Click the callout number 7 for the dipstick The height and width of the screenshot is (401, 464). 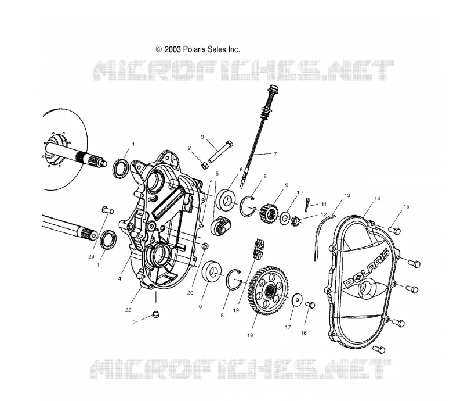coord(275,153)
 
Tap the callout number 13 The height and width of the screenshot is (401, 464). coord(347,195)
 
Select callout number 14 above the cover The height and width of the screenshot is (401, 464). coord(377,199)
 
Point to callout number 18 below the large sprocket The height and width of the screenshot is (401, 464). coord(250,335)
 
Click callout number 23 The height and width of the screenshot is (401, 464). coord(91,256)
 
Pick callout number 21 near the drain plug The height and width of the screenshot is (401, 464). coord(135,323)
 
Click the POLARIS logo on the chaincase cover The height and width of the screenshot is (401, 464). coord(367,268)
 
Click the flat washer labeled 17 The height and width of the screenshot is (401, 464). coord(297,299)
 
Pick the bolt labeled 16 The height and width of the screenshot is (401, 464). coord(310,305)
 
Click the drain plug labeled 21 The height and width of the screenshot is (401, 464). coord(155,314)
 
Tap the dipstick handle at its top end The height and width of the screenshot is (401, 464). coord(273,89)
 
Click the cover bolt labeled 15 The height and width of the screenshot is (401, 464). coord(394,230)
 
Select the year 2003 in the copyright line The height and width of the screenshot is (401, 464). coord(172,49)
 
